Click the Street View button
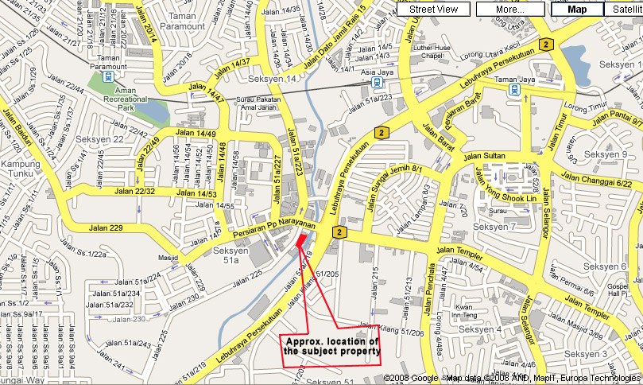pos(433,9)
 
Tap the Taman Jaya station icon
pos(514,91)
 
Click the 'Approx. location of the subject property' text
pos(332,345)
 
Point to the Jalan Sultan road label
pos(485,156)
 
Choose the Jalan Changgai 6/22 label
pos(596,179)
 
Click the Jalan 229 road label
pos(107,228)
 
